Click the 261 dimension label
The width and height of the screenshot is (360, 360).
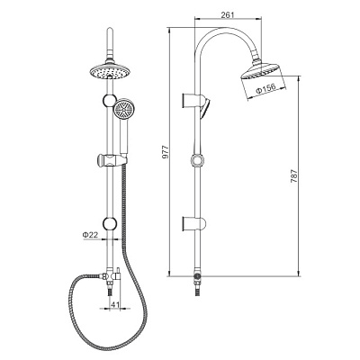(227, 14)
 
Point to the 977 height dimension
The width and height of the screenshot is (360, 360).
(166, 152)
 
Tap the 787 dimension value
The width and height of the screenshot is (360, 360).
(293, 176)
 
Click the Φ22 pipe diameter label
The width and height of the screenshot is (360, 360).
(90, 235)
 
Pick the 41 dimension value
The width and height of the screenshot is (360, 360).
(115, 304)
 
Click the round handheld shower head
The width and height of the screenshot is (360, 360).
(123, 108)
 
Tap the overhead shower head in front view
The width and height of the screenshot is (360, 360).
(110, 71)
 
